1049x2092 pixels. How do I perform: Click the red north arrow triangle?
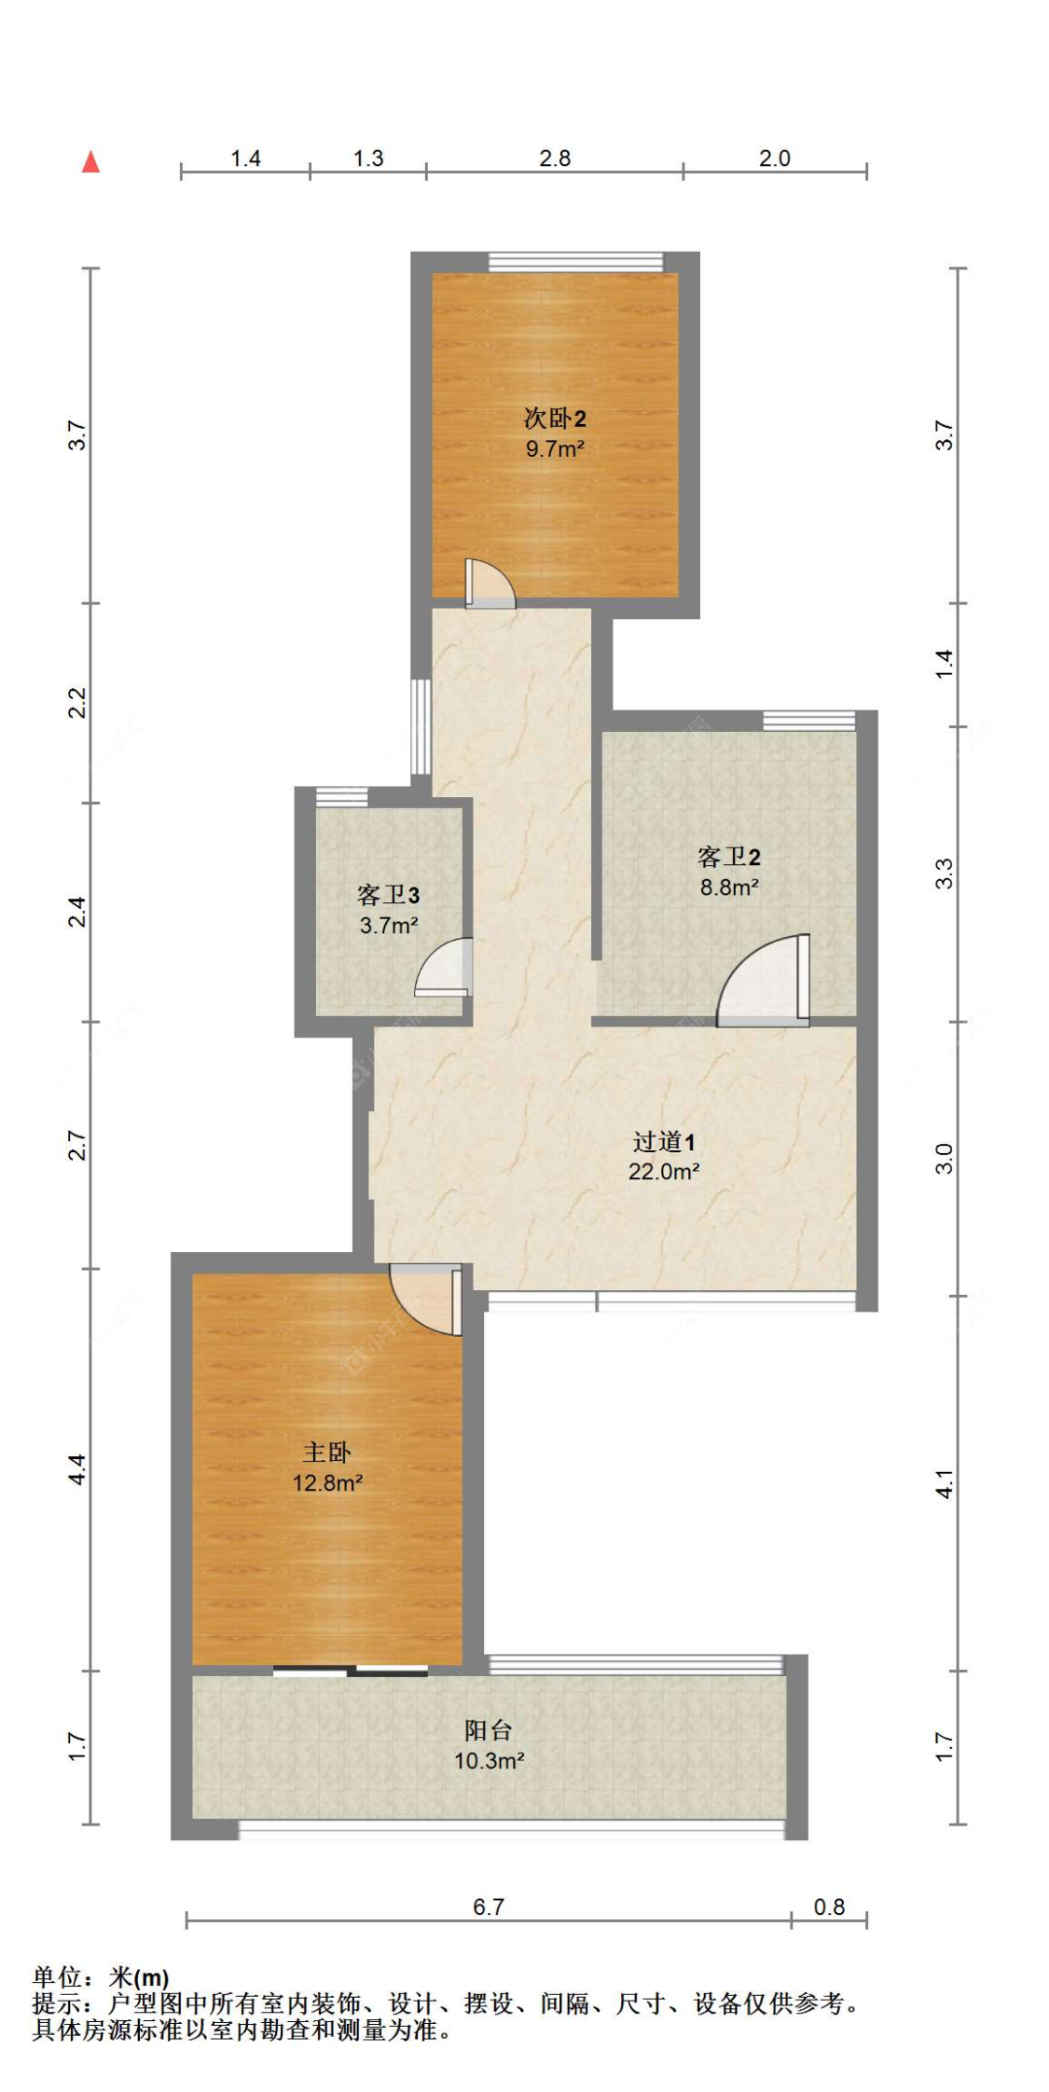point(90,162)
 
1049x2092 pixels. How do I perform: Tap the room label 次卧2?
point(555,419)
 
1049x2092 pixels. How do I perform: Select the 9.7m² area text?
point(555,448)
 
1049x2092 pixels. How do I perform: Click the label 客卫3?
point(388,896)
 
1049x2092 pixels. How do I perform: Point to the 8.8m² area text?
point(729,888)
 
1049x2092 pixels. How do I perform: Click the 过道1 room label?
point(664,1142)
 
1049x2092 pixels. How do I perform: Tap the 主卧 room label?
point(327,1452)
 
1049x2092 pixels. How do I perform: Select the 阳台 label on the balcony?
point(489,1731)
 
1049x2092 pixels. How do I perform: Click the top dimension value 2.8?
point(555,158)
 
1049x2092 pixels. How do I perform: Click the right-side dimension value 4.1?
point(945,1483)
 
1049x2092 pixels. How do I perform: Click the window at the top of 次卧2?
point(576,261)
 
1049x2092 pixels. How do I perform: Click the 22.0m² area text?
point(664,1172)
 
